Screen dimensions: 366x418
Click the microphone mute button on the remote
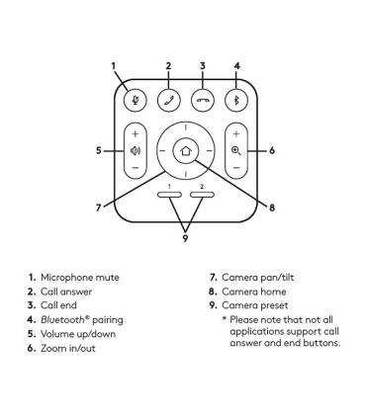tap(135, 100)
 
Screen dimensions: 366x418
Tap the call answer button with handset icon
tap(169, 100)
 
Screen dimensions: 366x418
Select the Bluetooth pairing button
tap(236, 100)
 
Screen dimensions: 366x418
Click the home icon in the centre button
tap(186, 151)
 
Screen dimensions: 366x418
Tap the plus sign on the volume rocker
tap(136, 134)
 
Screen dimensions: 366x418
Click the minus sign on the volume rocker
tap(136, 168)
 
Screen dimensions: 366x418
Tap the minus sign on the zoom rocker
tap(236, 168)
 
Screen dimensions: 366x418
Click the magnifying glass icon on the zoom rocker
tap(236, 151)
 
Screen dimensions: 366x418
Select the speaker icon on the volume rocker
tap(136, 151)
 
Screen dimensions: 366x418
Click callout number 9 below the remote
tap(185, 238)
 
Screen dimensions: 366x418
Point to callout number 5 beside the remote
tap(99, 150)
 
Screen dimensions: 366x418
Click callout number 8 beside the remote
tap(272, 208)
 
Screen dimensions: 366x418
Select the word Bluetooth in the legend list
tap(63, 319)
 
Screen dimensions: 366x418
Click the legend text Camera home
tap(254, 292)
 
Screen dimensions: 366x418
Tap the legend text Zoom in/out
tap(68, 348)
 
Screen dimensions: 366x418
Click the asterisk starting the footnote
tap(225, 318)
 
